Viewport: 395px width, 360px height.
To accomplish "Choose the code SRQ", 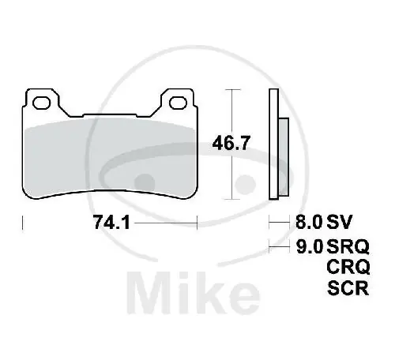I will click(x=347, y=246).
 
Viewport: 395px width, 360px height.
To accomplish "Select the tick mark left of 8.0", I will click(x=270, y=223).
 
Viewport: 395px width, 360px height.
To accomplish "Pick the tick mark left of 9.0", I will click(x=270, y=246).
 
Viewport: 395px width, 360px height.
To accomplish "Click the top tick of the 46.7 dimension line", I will click(x=230, y=91).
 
